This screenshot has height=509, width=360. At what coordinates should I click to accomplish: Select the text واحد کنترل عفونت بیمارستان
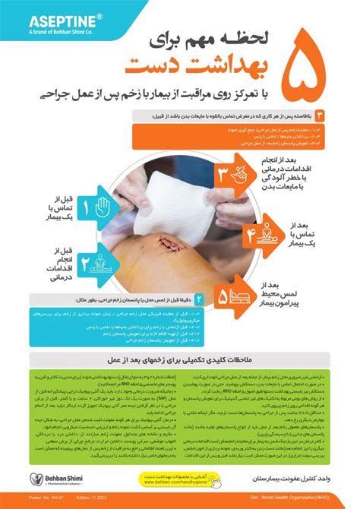286,480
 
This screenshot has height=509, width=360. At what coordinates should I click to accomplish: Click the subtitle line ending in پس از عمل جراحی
179,95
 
